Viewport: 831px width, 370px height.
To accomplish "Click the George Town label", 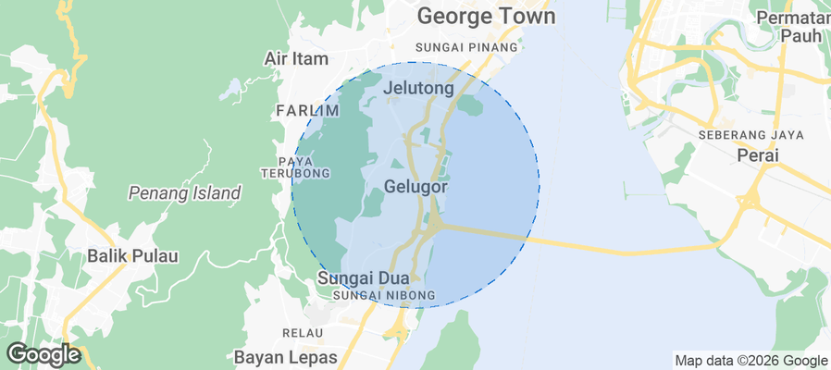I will [486, 17].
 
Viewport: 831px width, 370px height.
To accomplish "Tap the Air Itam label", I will [296, 58].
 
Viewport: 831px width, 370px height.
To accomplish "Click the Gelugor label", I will [415, 187].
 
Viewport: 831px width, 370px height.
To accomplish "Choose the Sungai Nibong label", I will [376, 296].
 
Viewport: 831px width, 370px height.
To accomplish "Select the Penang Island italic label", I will [184, 193].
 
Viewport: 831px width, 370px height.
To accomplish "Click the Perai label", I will [758, 155].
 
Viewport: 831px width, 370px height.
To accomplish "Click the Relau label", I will [303, 331].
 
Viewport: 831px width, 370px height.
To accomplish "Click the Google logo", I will [43, 353].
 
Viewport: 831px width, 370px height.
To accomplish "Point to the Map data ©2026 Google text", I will [750, 361].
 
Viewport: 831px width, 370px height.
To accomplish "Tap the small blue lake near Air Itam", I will [231, 90].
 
